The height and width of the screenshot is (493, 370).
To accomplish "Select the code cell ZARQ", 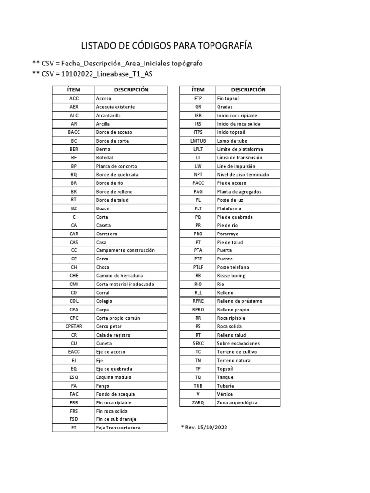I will [198, 402].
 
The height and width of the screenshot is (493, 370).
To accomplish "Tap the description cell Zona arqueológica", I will [237, 402].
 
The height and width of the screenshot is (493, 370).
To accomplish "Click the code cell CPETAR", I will [74, 326].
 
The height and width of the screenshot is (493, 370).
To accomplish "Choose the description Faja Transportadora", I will [118, 428].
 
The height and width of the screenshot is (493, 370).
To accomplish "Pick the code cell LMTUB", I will [198, 141].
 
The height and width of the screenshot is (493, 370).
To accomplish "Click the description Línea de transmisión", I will [239, 157].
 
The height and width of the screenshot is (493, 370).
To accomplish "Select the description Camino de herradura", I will [119, 276].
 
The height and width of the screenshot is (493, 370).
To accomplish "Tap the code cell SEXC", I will [198, 343].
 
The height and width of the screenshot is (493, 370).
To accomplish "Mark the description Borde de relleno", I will [114, 192].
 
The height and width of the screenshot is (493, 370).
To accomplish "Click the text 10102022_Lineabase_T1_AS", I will [106, 74].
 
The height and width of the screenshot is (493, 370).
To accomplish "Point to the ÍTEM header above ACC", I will [74, 90].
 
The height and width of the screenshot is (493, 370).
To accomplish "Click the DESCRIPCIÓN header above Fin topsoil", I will [248, 90].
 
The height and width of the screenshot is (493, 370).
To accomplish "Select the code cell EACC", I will [74, 352].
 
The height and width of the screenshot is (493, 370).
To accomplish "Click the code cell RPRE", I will [198, 301].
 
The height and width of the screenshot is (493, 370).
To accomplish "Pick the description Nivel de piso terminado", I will [243, 174].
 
